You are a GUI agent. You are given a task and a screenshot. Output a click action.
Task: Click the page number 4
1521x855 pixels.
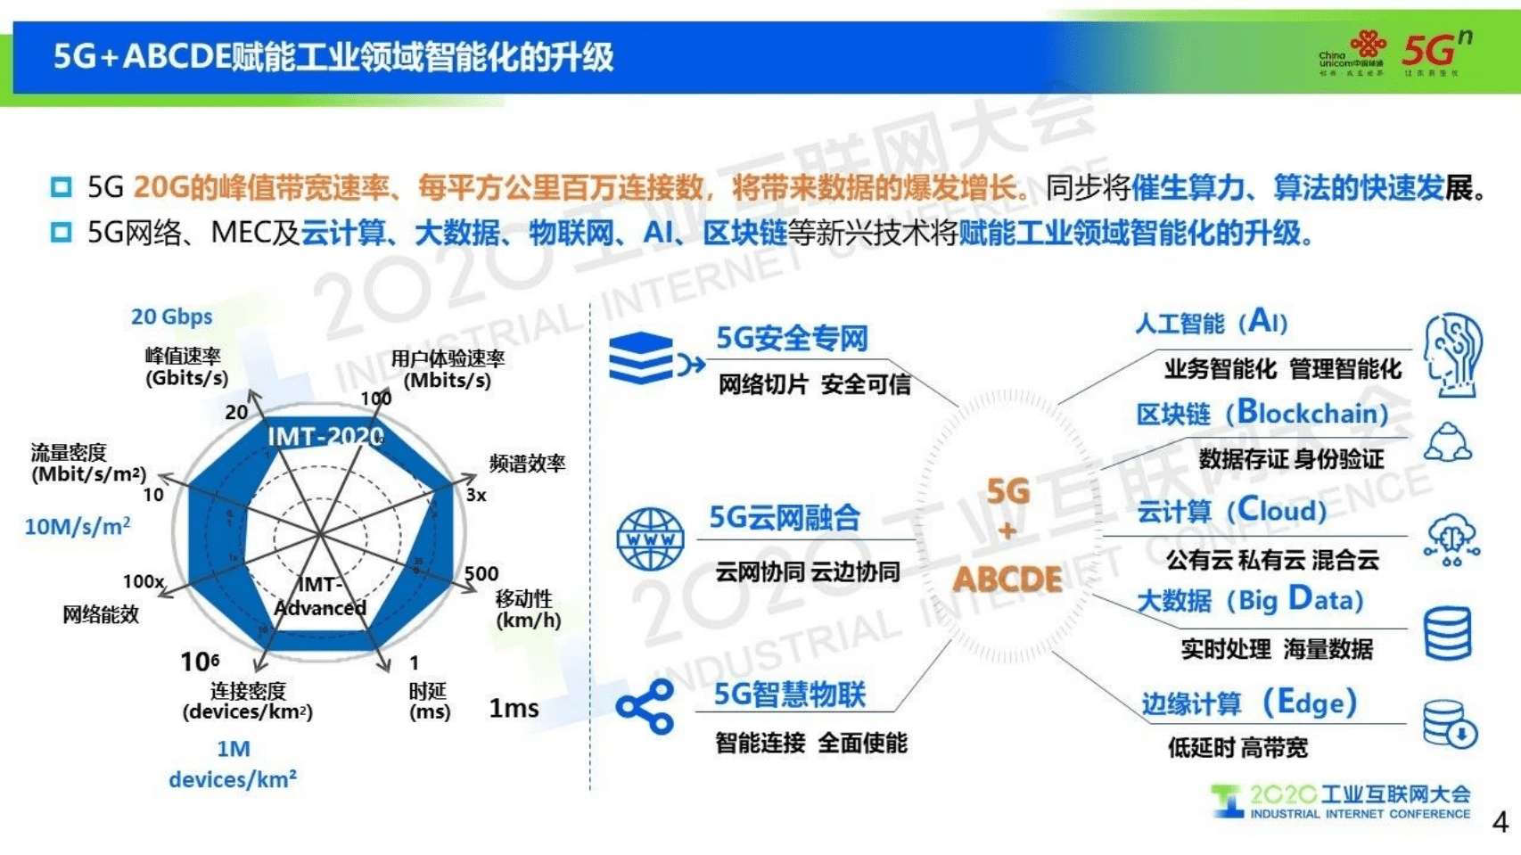click(x=1500, y=822)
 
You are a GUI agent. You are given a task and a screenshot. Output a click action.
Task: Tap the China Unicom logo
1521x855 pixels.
click(x=1352, y=53)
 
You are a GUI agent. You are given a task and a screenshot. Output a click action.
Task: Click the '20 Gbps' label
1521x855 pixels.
click(x=171, y=317)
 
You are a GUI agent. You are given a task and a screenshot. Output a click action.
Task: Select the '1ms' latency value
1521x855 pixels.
click(x=514, y=709)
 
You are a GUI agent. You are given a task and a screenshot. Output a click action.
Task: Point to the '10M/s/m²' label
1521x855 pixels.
click(x=77, y=526)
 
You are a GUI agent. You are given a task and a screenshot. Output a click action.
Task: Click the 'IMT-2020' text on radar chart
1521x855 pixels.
click(x=325, y=436)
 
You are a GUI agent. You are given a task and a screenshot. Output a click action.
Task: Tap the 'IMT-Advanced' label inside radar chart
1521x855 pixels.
click(x=319, y=596)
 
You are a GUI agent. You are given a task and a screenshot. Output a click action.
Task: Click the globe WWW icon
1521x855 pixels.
click(x=650, y=539)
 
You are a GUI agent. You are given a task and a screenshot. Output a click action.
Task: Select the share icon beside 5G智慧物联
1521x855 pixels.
click(x=645, y=707)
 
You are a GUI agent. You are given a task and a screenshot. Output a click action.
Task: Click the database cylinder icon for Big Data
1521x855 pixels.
click(x=1447, y=633)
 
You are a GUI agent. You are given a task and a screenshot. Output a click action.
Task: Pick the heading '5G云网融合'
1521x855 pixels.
click(x=785, y=517)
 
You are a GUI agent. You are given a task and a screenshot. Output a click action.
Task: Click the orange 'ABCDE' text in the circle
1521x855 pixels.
click(x=1007, y=579)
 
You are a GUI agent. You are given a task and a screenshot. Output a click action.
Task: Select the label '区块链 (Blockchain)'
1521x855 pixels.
click(x=1262, y=413)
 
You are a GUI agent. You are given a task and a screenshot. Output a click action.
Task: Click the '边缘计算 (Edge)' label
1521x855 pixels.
click(x=1248, y=703)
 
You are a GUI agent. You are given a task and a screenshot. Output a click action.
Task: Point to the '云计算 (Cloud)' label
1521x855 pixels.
click(x=1231, y=510)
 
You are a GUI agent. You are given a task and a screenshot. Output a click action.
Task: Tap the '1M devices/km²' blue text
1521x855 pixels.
click(x=233, y=764)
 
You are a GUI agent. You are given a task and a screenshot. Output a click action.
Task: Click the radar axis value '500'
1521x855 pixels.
click(x=481, y=573)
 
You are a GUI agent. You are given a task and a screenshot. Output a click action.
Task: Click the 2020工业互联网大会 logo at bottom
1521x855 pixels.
click(x=1341, y=801)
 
